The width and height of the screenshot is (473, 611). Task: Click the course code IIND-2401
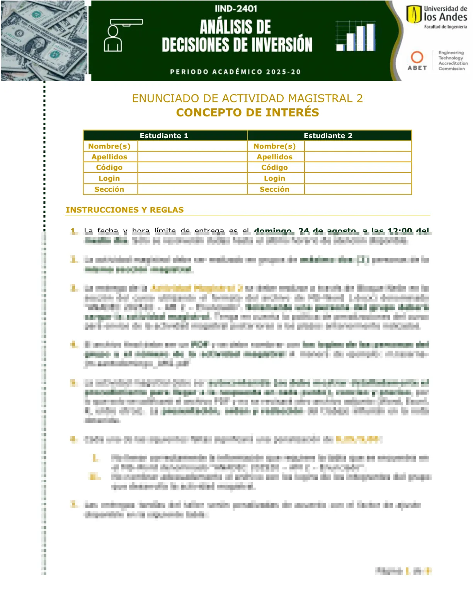(236, 8)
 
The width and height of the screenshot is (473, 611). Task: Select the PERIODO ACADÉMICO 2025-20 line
(235, 72)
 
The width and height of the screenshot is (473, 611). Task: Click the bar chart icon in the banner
(356, 37)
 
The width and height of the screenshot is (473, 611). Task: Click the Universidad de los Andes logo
(437, 17)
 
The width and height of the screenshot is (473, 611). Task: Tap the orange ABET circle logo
(417, 57)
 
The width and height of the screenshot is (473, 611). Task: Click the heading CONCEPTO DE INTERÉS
(247, 113)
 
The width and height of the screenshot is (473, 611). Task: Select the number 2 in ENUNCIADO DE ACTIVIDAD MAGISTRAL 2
(360, 98)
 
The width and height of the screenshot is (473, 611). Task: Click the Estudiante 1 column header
(164, 136)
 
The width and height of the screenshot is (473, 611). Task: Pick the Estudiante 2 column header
(328, 136)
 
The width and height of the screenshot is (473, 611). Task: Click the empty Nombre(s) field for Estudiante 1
(192, 146)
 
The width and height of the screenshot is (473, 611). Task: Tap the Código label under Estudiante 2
(274, 167)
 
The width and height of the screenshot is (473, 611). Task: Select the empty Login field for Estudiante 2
(357, 178)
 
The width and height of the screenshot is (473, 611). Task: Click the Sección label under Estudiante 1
(109, 189)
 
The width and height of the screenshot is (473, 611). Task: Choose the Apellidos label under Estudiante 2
(274, 157)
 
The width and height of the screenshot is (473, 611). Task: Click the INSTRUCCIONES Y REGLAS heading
(124, 210)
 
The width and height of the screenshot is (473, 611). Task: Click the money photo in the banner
(43, 41)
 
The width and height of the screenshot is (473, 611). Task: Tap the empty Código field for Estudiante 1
(192, 167)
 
